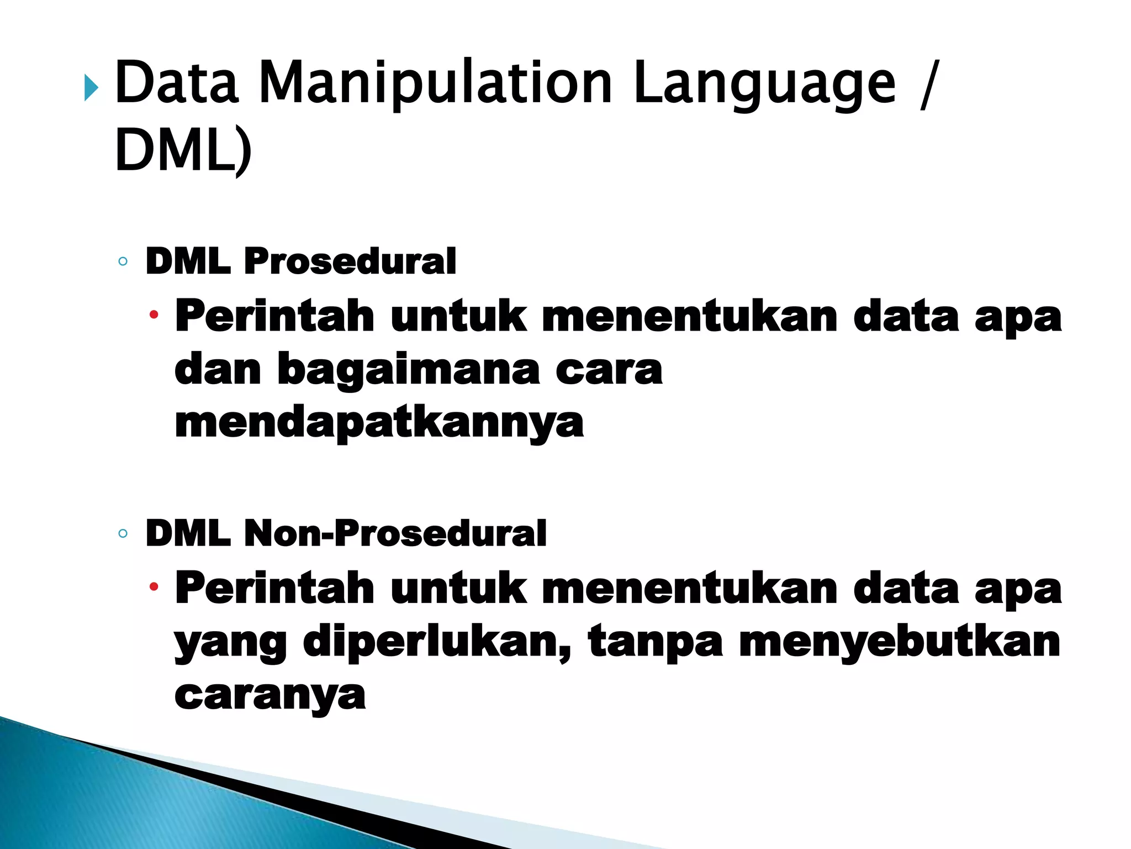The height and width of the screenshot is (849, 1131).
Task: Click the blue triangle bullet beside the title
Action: click(91, 88)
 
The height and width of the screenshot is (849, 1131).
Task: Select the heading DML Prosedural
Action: click(300, 261)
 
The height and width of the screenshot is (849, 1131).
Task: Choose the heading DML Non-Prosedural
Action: click(346, 534)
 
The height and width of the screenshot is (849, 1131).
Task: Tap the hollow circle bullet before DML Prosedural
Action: click(123, 261)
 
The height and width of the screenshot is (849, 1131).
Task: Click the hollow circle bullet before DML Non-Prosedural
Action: click(123, 534)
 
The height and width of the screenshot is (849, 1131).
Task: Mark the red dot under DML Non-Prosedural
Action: click(154, 587)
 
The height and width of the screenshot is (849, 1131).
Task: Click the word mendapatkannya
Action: click(379, 423)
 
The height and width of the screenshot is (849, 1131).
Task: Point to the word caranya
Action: click(269, 695)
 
